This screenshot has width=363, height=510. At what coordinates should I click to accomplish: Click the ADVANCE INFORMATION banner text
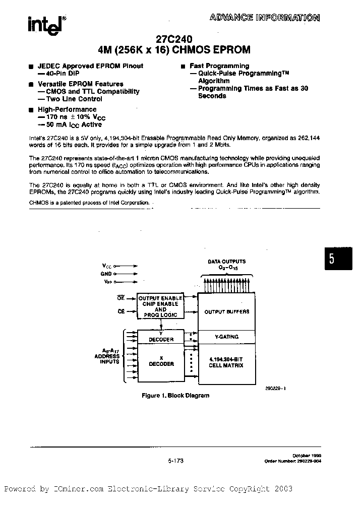[x=264, y=18]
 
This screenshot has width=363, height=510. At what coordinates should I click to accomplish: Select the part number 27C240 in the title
[x=174, y=38]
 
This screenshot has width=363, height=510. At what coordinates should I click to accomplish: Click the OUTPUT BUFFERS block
[x=226, y=312]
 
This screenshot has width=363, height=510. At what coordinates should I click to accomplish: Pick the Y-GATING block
[x=226, y=337]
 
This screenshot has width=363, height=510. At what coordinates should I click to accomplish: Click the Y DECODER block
[x=161, y=336]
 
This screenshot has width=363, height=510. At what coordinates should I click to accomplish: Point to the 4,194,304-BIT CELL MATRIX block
[x=226, y=362]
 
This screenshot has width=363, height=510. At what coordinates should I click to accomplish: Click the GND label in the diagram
[x=106, y=273]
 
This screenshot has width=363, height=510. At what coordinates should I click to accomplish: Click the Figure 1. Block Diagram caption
[x=175, y=396]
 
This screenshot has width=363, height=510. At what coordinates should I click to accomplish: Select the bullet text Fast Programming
[x=219, y=66]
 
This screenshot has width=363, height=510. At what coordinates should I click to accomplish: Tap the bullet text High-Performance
[x=67, y=109]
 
